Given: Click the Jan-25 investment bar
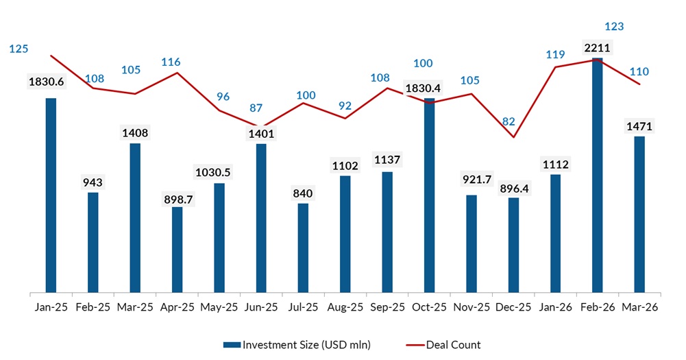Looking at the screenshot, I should click(x=51, y=195).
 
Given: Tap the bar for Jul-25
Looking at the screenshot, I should click(x=303, y=248).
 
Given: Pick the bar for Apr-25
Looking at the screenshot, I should click(x=177, y=250).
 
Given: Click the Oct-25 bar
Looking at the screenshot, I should click(x=429, y=195).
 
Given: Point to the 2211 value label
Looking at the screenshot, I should click(x=597, y=48).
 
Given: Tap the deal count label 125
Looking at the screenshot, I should click(x=19, y=49).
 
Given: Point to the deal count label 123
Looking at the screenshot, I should click(x=614, y=27).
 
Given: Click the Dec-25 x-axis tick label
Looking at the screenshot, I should click(x=513, y=308).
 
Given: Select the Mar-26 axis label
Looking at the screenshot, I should click(x=639, y=308).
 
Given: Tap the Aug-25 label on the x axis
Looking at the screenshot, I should click(x=345, y=308).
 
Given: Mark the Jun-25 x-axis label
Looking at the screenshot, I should click(x=261, y=308).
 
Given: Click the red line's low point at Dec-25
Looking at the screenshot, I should click(x=513, y=137).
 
